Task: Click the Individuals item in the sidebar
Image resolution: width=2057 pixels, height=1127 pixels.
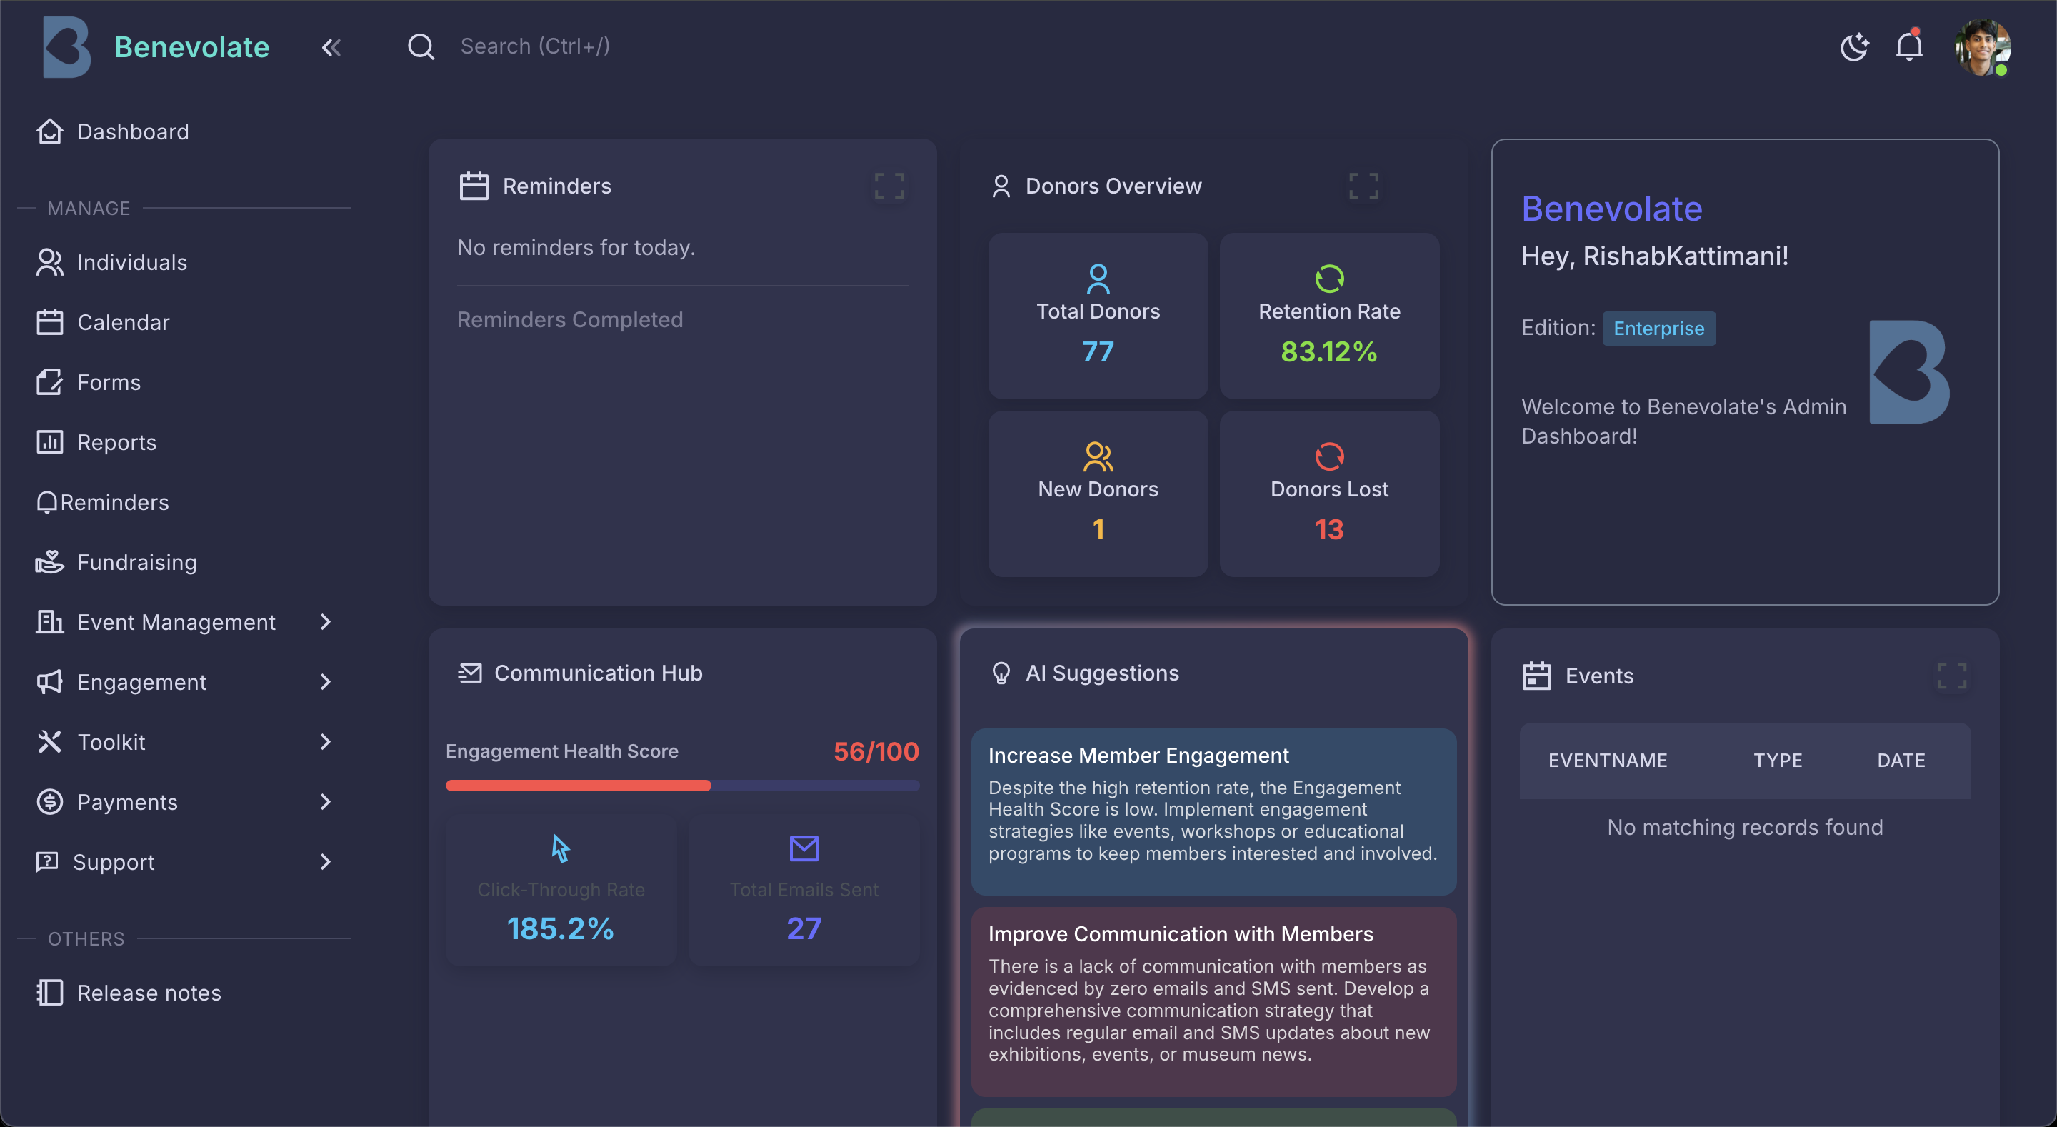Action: pyautogui.click(x=131, y=262)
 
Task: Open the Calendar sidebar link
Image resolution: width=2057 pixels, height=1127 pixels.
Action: pyautogui.click(x=123, y=322)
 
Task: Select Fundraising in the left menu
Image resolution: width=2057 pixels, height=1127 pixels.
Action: pyautogui.click(x=136, y=562)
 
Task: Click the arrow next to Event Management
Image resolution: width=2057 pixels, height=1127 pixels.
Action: pyautogui.click(x=325, y=622)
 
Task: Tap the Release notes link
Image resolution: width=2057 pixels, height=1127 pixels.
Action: pyautogui.click(x=149, y=993)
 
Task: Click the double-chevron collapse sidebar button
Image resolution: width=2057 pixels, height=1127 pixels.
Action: pyautogui.click(x=331, y=47)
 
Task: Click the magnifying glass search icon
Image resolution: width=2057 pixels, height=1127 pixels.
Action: pyautogui.click(x=421, y=47)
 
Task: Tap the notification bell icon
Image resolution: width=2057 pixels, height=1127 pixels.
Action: pyautogui.click(x=1908, y=46)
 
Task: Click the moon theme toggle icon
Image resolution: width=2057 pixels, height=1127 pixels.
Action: pyautogui.click(x=1853, y=47)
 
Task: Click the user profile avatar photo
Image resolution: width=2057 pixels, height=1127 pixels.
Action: pyautogui.click(x=1981, y=47)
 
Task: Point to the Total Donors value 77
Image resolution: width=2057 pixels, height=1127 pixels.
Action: pyautogui.click(x=1098, y=351)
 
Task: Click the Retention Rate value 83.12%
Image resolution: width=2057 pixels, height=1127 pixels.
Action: pyautogui.click(x=1328, y=351)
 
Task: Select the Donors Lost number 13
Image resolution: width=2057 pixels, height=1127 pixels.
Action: pyautogui.click(x=1328, y=529)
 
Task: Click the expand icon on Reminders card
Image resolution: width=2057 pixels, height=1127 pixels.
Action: pyautogui.click(x=889, y=186)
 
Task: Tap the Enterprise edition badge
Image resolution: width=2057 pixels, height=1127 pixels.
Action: pyautogui.click(x=1658, y=329)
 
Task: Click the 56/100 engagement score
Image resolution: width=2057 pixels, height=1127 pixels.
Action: pyautogui.click(x=876, y=751)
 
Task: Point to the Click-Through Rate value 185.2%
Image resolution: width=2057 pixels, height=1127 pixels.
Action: pyautogui.click(x=561, y=928)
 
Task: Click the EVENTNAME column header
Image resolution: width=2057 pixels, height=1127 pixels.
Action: pyautogui.click(x=1608, y=761)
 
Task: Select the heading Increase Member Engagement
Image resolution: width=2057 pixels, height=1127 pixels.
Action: pyautogui.click(x=1138, y=756)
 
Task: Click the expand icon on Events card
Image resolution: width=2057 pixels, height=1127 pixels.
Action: pyautogui.click(x=1951, y=676)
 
